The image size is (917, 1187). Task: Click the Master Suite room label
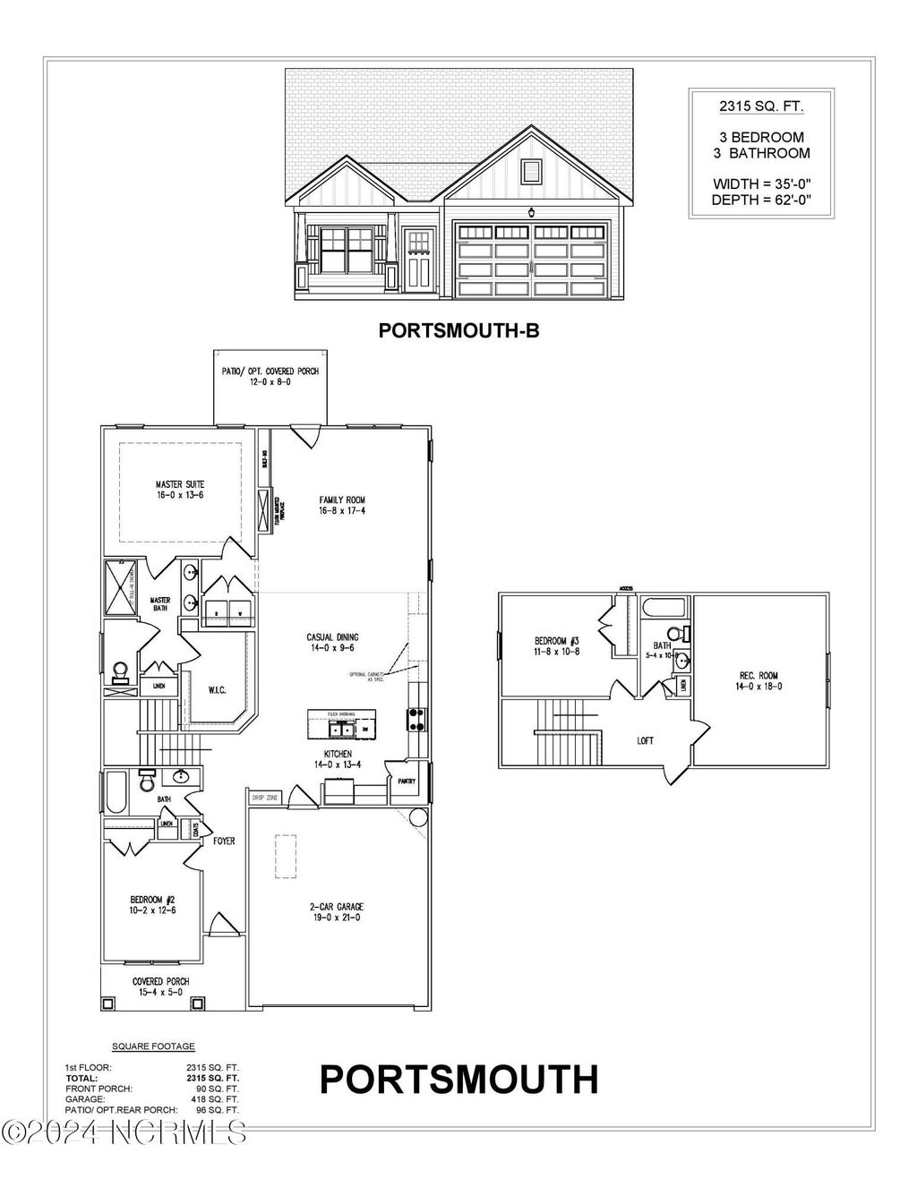tap(179, 490)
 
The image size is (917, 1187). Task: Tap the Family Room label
tap(342, 505)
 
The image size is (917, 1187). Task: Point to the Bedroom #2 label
tap(146, 905)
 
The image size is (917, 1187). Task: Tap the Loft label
tap(645, 740)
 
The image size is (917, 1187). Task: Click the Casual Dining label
tap(332, 643)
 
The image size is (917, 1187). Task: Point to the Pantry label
tap(406, 781)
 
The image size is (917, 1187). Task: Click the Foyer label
tap(224, 841)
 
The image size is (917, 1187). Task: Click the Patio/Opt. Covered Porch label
tap(270, 376)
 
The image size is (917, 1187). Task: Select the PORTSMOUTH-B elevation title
tap(458, 330)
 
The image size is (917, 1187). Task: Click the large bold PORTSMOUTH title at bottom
tap(458, 1079)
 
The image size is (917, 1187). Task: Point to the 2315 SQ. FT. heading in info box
tap(761, 107)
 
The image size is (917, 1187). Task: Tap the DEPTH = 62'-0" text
tap(761, 200)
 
